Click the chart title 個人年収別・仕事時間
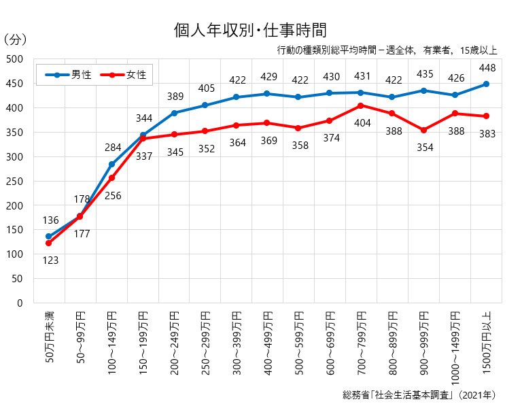point(251,30)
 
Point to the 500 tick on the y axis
point(14,59)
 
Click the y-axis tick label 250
point(14,181)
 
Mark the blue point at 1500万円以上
point(486,84)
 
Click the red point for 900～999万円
point(423,130)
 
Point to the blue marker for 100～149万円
point(111,164)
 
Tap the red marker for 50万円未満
point(49,243)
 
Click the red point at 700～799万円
point(361,105)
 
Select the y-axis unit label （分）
point(16,40)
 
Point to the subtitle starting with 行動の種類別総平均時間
point(387,50)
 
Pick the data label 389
point(175,97)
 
